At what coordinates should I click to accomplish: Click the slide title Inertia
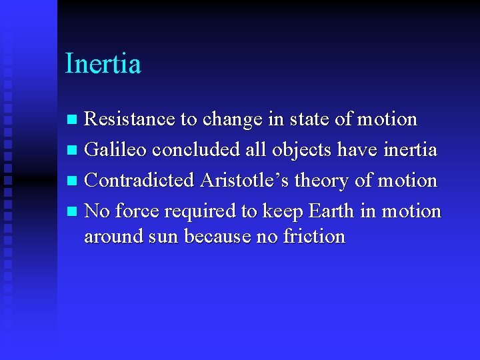point(103,64)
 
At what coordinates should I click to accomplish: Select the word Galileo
point(116,150)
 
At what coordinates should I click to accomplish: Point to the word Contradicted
point(140,181)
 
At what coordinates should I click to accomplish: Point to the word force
point(137,211)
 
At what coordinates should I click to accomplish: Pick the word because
point(217,237)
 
